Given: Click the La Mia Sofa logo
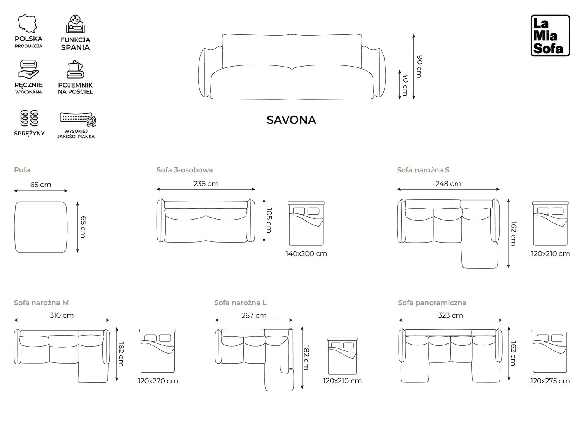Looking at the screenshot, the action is click(550, 35).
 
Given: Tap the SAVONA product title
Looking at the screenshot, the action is click(291, 120).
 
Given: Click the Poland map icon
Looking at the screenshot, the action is click(27, 24).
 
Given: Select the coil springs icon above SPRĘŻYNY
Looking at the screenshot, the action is click(29, 118).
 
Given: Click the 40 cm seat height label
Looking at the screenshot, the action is click(405, 84).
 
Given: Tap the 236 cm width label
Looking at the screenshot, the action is click(206, 184).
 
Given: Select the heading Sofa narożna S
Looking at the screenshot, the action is click(423, 170).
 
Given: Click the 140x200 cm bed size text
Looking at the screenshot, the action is click(306, 254).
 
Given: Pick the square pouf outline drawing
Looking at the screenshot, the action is click(41, 227).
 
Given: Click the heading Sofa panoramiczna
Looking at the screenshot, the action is click(432, 303).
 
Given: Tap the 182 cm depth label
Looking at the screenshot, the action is click(306, 358).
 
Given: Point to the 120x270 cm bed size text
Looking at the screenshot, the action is click(158, 381).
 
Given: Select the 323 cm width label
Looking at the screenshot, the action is click(450, 315).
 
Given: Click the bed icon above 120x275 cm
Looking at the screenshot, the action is click(550, 351).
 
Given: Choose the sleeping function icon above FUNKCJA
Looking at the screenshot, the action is click(75, 24).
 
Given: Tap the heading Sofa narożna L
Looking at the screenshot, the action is click(240, 303).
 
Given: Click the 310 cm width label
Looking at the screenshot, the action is click(62, 315).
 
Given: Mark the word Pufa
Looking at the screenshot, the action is click(22, 170).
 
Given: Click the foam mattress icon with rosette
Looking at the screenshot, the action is click(78, 119).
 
